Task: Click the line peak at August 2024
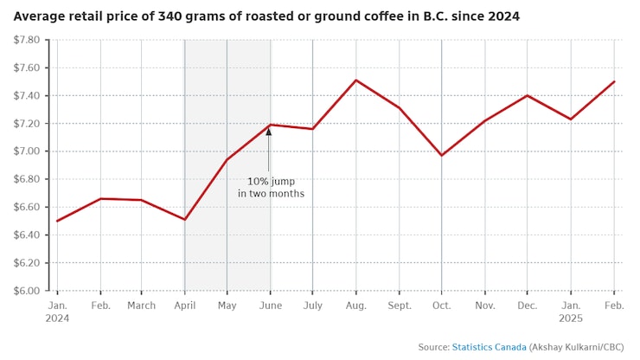click(x=355, y=80)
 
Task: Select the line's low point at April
click(x=184, y=219)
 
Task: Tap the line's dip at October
click(x=441, y=156)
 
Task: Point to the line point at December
click(x=528, y=95)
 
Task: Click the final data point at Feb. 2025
click(x=614, y=81)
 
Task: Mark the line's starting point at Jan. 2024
click(x=57, y=221)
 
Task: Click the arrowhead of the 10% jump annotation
click(x=269, y=132)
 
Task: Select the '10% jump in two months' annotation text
click(x=271, y=188)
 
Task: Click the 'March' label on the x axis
click(x=142, y=305)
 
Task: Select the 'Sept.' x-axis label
click(x=399, y=305)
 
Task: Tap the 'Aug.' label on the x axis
click(x=355, y=305)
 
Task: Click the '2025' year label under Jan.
click(x=571, y=318)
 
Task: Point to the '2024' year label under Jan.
click(x=57, y=318)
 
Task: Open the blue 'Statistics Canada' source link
click(x=489, y=347)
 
